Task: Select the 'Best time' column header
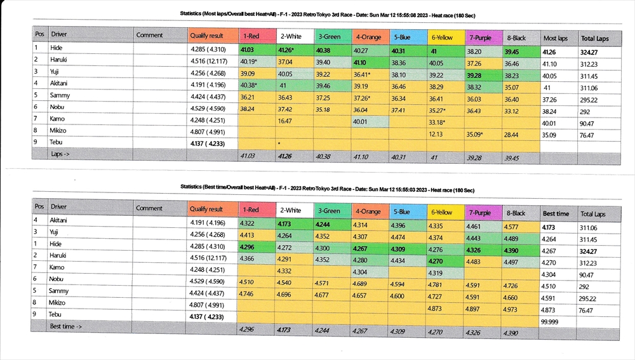[x=556, y=214]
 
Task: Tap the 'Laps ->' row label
[x=62, y=154]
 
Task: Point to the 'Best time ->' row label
[x=66, y=326]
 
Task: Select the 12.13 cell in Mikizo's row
[x=436, y=134]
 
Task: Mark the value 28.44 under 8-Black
[x=512, y=134]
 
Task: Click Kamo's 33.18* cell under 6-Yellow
[x=438, y=122]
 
